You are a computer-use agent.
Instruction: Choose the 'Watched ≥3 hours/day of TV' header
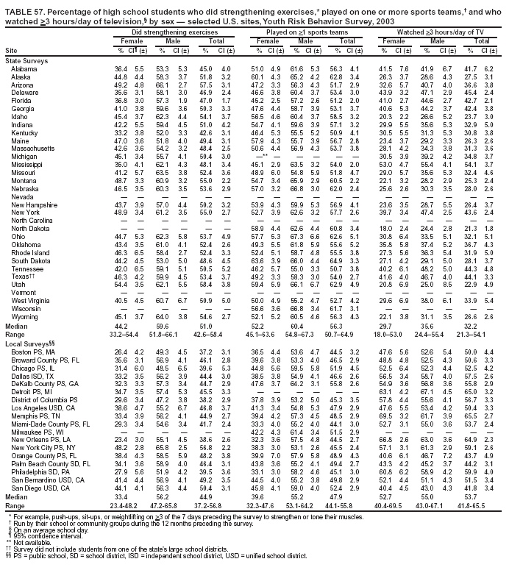(x=441, y=34)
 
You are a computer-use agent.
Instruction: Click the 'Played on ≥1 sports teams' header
(x=307, y=34)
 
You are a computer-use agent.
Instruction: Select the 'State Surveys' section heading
(x=24, y=60)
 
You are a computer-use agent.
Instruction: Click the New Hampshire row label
(x=30, y=204)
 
